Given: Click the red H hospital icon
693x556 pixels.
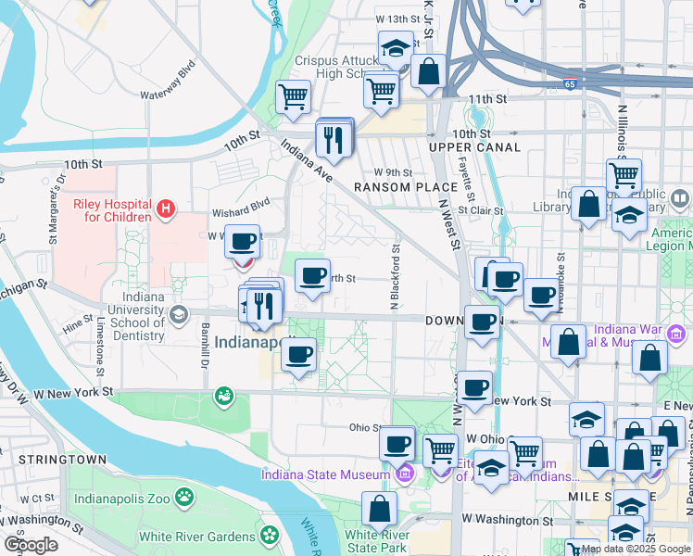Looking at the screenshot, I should point(166,209).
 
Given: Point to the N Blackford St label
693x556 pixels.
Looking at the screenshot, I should point(396,276).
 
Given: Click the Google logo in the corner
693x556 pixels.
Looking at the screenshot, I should point(31,545).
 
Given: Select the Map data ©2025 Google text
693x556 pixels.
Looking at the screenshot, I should point(636,549).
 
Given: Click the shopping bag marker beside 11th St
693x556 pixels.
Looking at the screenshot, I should point(428,72).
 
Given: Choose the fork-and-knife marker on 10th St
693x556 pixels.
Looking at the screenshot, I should point(333,139).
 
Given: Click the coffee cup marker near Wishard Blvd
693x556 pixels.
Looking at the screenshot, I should point(242,243).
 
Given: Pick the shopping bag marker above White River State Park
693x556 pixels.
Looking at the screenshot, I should point(379,509).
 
